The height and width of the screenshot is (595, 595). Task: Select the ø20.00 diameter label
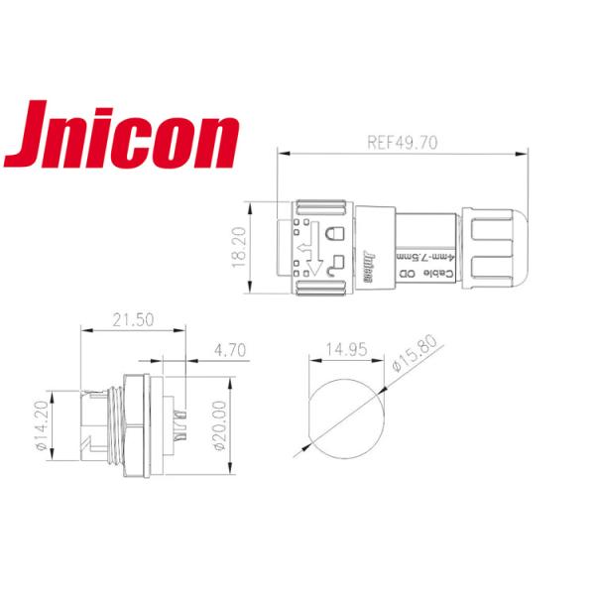220,428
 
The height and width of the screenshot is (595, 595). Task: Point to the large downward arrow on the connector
316,255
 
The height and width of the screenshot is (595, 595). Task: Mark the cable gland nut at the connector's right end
495,248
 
